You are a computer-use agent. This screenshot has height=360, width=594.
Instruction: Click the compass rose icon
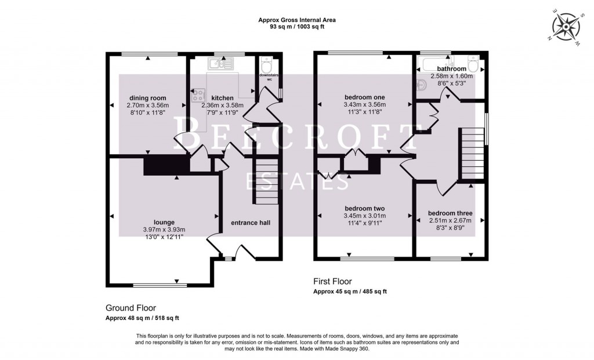pyautogui.click(x=567, y=27)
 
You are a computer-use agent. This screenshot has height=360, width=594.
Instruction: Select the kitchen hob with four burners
pyautogui.click(x=198, y=94)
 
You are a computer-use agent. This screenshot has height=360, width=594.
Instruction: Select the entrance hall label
pyautogui.click(x=251, y=223)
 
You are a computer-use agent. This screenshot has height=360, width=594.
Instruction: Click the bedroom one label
pyautogui.click(x=365, y=97)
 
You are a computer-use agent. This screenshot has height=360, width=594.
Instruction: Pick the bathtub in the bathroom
pyautogui.click(x=441, y=64)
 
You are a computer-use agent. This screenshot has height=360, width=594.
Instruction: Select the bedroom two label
pyautogui.click(x=365, y=209)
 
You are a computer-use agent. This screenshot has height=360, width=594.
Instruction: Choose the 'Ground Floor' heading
pyautogui.click(x=131, y=308)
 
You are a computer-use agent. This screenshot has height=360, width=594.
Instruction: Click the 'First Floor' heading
pyautogui.click(x=332, y=282)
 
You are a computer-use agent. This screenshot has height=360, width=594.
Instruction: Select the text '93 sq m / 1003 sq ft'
pyautogui.click(x=297, y=27)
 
